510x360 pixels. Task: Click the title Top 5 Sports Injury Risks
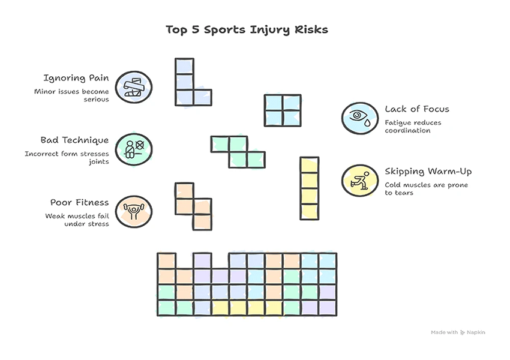[247, 29]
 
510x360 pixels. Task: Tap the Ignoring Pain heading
[76, 78]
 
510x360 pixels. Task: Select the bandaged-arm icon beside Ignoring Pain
[133, 88]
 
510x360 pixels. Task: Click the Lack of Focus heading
[416, 109]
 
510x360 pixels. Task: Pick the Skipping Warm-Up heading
[428, 172]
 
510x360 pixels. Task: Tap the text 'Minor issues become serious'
[71, 95]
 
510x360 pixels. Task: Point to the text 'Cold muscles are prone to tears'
[425, 189]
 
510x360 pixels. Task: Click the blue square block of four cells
[283, 110]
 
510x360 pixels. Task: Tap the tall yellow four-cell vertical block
[309, 188]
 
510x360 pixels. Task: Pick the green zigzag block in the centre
[238, 151]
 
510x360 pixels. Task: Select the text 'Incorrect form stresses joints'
[67, 158]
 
